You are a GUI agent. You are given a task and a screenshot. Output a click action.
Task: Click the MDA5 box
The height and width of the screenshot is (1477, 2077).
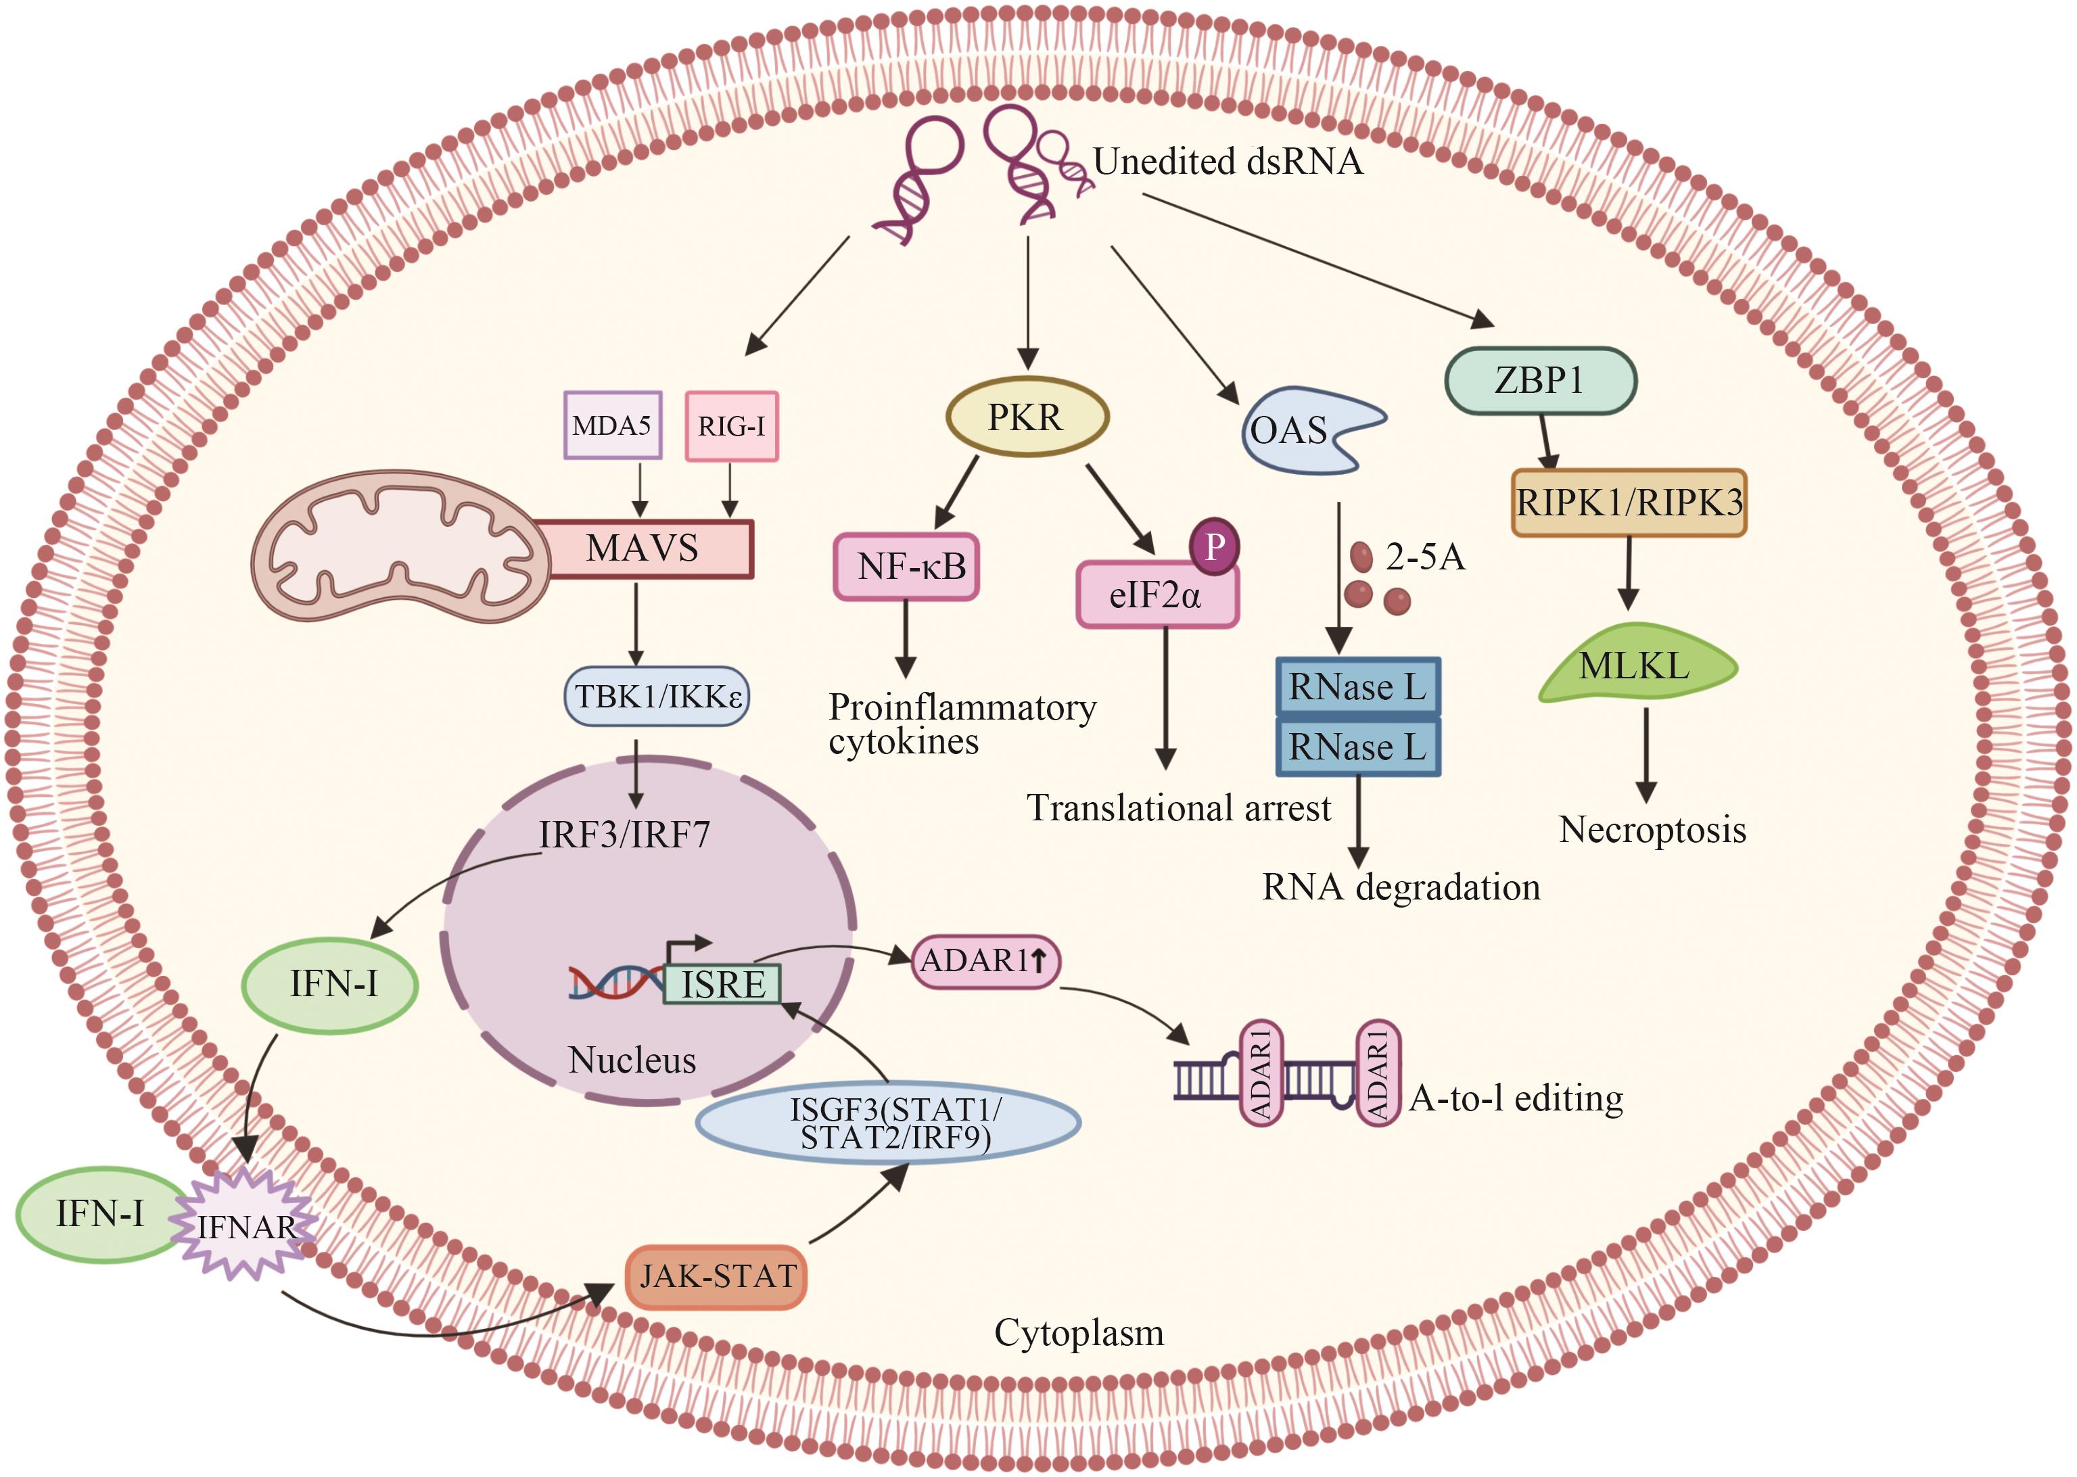[612, 425]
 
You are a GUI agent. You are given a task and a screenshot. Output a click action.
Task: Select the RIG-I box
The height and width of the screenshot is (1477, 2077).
[731, 425]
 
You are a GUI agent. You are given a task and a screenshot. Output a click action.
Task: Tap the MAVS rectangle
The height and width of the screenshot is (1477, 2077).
[643, 548]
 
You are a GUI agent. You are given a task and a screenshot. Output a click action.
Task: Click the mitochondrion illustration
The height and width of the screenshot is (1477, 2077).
[400, 546]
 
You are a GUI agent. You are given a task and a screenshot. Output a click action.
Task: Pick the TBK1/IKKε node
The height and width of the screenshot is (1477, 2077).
[657, 697]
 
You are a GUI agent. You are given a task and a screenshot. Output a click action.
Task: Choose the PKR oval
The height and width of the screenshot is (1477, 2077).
[1027, 417]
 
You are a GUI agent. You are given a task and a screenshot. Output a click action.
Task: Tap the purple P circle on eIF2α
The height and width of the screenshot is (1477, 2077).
[1215, 546]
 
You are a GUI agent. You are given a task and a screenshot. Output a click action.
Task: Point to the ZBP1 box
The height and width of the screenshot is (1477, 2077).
[1541, 380]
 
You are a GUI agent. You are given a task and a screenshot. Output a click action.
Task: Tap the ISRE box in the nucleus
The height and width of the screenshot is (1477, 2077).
[722, 985]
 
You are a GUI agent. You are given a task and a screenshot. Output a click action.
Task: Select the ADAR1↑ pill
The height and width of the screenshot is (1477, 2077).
[985, 961]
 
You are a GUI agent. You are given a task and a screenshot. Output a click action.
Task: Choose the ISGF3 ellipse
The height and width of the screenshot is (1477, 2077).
[889, 1123]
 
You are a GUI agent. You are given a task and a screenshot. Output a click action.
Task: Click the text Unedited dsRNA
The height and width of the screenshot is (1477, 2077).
[1227, 162]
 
